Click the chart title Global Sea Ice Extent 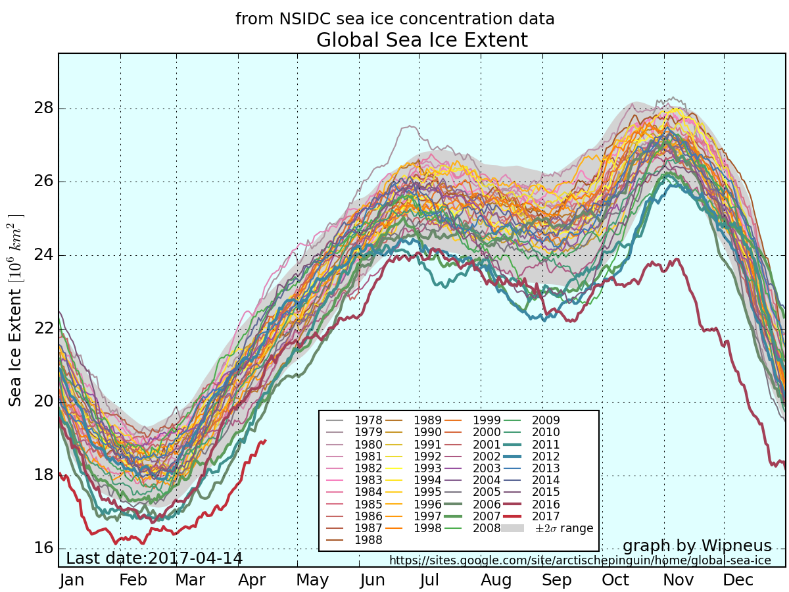(421, 40)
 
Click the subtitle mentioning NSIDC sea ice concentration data (394, 19)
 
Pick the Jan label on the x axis (72, 580)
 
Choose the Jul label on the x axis (429, 580)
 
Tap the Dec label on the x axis (738, 580)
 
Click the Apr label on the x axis (252, 580)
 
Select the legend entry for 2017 (546, 516)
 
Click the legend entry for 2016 (546, 504)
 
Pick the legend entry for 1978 (368, 420)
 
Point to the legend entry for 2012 (546, 456)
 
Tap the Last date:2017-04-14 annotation (155, 558)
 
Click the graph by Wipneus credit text (696, 546)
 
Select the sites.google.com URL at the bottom (580, 560)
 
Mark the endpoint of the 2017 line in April (265, 441)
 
